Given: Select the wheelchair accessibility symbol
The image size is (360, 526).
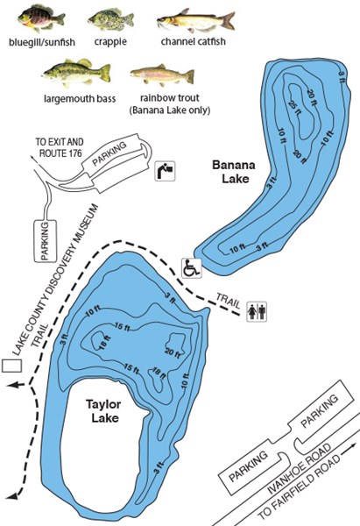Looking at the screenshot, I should [x=190, y=267].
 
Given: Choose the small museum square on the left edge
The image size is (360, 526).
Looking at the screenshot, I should [x=12, y=366].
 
